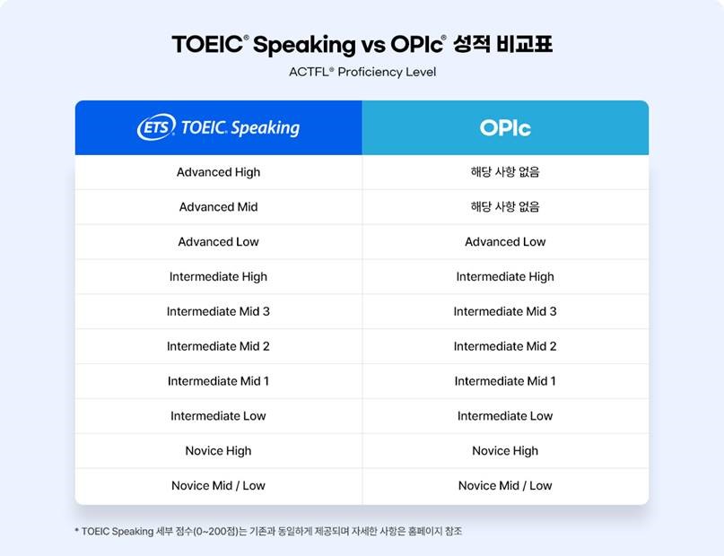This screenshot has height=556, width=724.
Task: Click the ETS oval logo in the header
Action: pyautogui.click(x=156, y=126)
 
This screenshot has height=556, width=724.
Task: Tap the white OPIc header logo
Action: pyautogui.click(x=505, y=128)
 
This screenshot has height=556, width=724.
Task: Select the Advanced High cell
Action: pyautogui.click(x=218, y=172)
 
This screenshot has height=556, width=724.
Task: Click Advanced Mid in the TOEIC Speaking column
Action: pyautogui.click(x=218, y=207)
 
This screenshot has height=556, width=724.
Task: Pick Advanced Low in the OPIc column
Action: pyautogui.click(x=505, y=242)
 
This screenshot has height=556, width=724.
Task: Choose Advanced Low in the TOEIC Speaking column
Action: pyautogui.click(x=218, y=242)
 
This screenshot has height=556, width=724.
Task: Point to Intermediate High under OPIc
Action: pyautogui.click(x=505, y=276)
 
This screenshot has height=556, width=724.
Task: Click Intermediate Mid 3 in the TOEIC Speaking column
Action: pyautogui.click(x=218, y=311)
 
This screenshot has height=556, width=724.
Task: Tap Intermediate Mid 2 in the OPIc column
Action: pyautogui.click(x=505, y=346)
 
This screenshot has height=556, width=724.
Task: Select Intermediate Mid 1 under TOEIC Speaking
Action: pyautogui.click(x=218, y=381)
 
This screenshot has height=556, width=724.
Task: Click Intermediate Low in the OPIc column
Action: pyautogui.click(x=505, y=416)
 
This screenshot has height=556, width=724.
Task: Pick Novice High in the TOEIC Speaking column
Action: pyautogui.click(x=218, y=451)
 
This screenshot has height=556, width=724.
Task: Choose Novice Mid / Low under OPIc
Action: pyautogui.click(x=505, y=485)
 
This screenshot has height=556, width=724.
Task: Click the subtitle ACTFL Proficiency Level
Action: pyautogui.click(x=362, y=72)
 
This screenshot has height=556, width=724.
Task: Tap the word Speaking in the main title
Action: pyautogui.click(x=304, y=45)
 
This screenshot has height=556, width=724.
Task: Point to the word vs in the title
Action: pyautogui.click(x=373, y=45)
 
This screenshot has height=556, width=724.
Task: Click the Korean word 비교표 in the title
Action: pyautogui.click(x=524, y=44)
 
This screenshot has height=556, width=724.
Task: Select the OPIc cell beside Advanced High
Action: pyautogui.click(x=505, y=172)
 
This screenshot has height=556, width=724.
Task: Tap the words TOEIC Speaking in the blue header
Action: pyautogui.click(x=240, y=128)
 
